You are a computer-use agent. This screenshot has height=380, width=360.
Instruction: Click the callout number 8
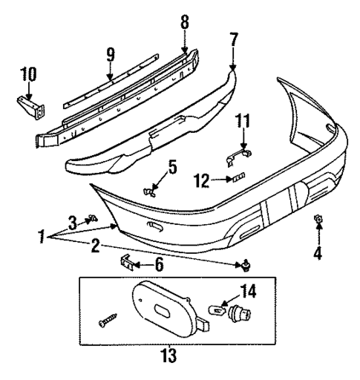pos(184,22)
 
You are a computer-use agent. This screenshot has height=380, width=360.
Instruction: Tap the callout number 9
pos(111,55)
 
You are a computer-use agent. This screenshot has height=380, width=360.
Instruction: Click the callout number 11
pos(243,120)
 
